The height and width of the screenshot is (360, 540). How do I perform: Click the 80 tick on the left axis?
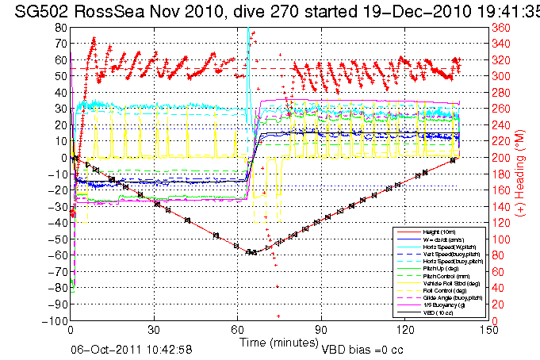(60, 28)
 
